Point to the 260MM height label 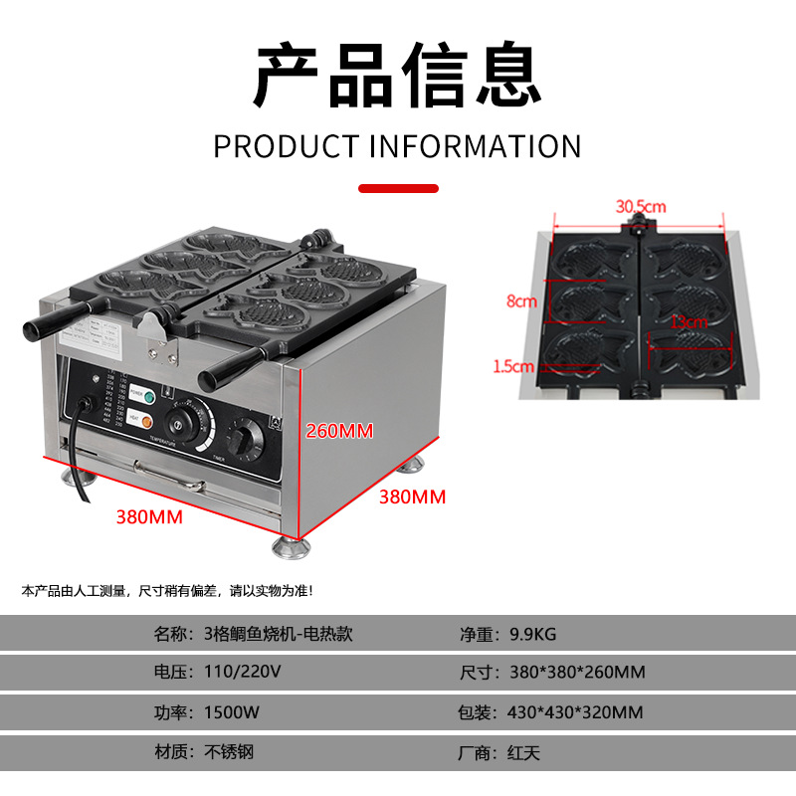(x=339, y=430)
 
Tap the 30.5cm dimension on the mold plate (x=641, y=206)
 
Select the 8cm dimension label (x=521, y=300)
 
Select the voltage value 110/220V (x=242, y=672)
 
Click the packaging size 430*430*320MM (x=576, y=712)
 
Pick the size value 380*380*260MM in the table (x=577, y=672)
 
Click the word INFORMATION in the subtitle (x=476, y=147)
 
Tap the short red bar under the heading (x=397, y=187)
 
